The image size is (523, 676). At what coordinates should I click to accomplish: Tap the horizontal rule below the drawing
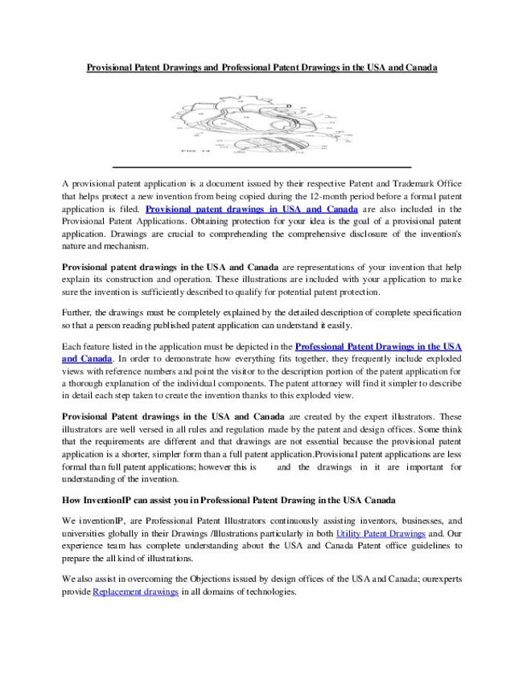(x=261, y=166)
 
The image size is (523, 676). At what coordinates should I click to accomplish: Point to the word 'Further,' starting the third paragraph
(x=78, y=311)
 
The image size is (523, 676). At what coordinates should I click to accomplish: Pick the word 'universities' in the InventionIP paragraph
(x=85, y=532)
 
